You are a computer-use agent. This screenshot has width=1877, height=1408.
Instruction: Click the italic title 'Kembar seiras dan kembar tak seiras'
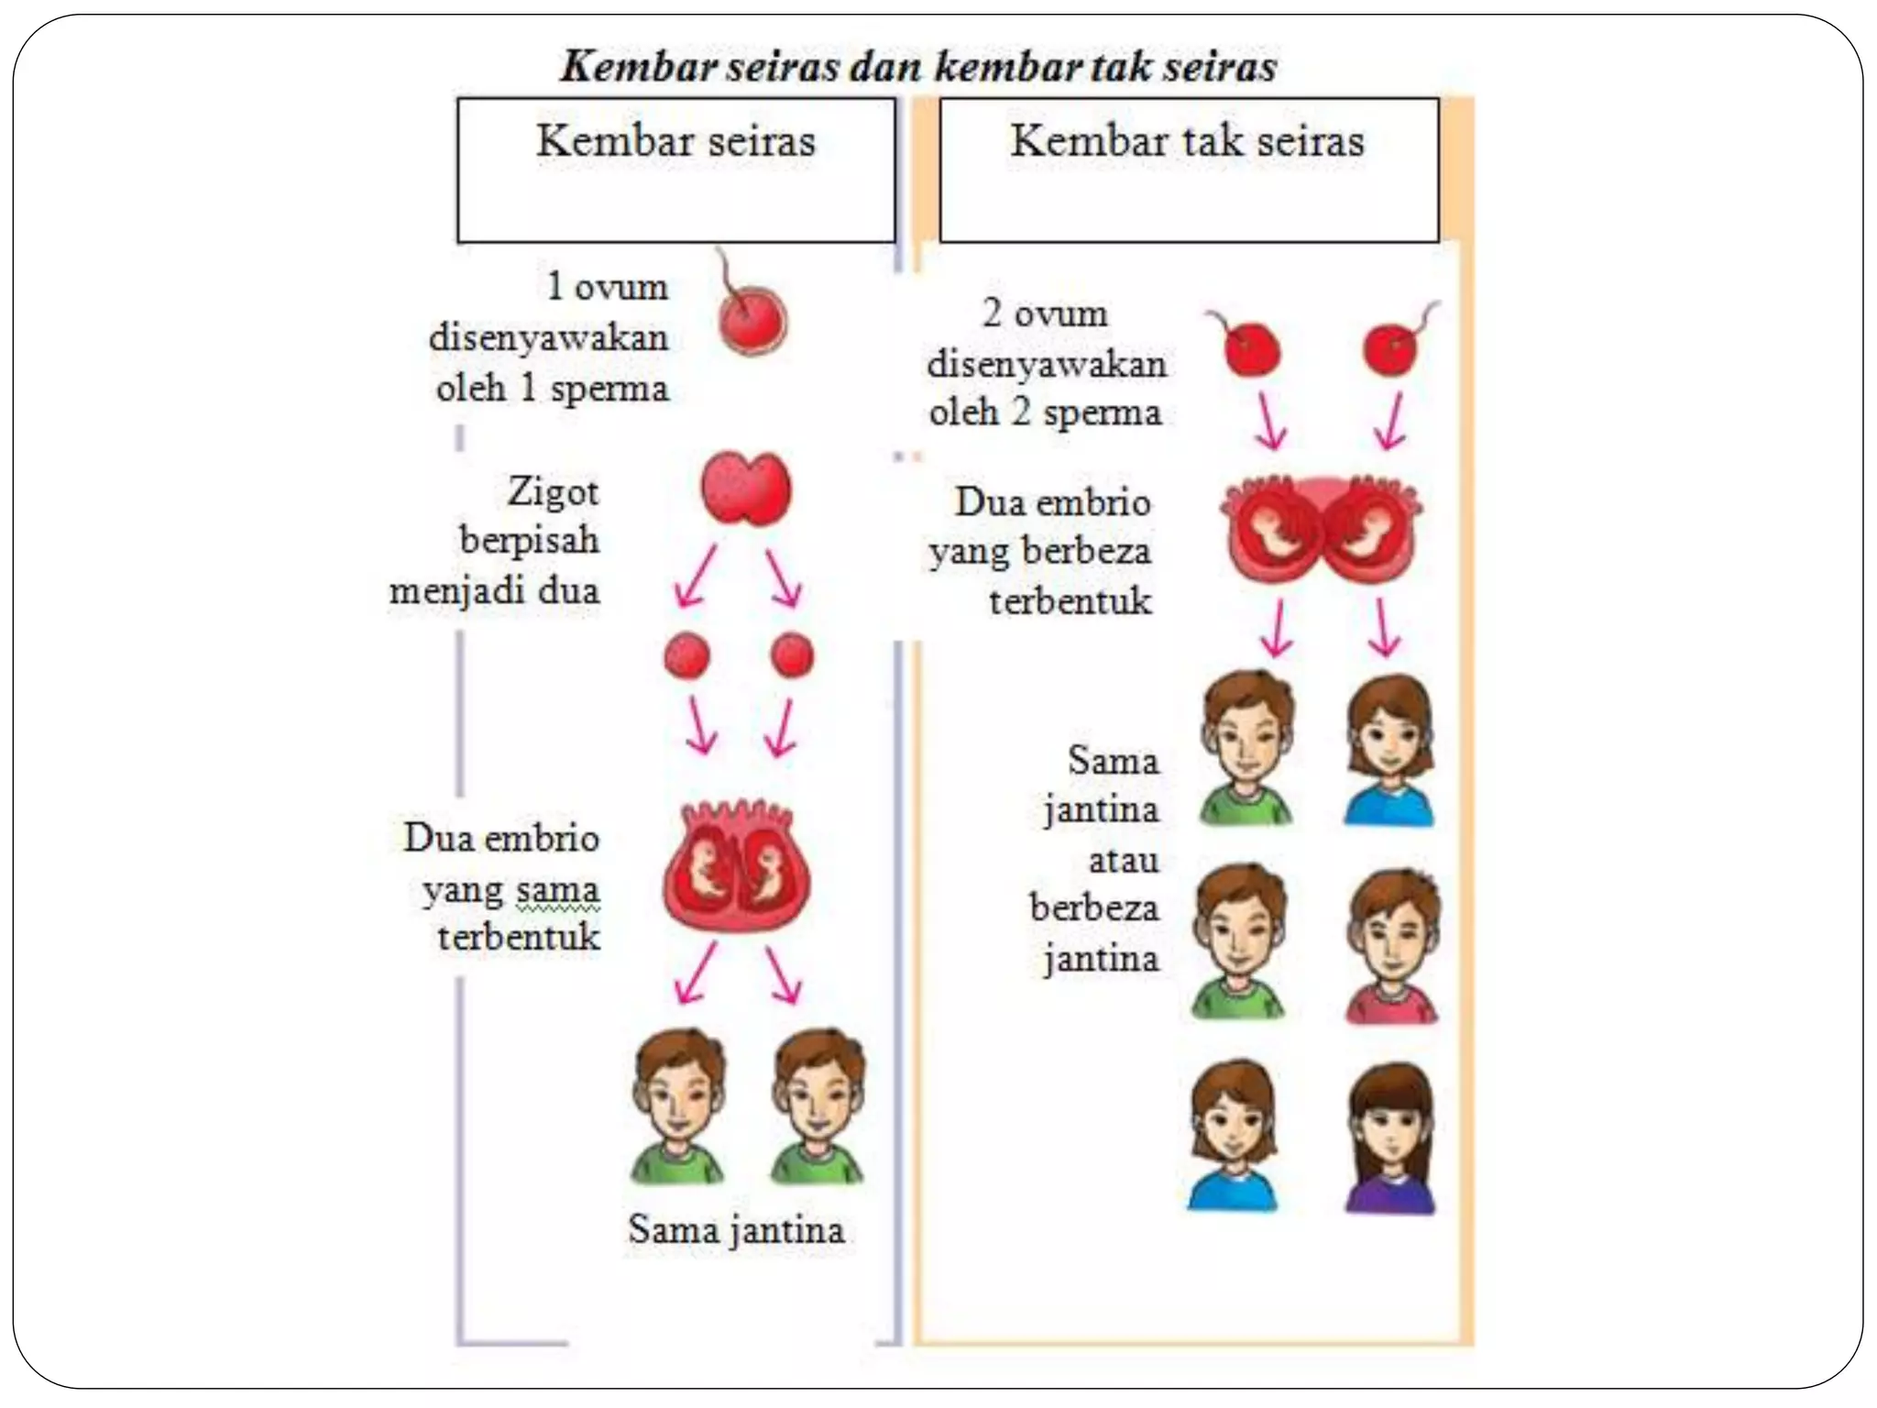918,67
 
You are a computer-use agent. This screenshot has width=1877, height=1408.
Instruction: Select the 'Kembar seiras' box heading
675,142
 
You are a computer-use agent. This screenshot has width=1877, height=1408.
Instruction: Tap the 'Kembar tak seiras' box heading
1187,142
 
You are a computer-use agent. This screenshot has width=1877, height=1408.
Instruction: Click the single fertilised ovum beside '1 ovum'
752,321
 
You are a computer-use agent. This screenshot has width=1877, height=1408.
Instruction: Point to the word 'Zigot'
554,492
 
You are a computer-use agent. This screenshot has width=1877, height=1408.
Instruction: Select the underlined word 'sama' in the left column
557,889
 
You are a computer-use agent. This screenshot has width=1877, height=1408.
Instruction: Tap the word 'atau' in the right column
1124,860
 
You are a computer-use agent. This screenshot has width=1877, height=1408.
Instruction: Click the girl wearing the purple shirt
1389,1141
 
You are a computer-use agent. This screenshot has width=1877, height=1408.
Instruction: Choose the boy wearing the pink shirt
1391,949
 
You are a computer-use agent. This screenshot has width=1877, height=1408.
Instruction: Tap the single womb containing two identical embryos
738,867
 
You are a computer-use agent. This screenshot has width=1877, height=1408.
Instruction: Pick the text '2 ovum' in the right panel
1045,313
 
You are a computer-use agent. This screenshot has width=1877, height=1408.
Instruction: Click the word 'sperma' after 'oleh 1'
609,389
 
